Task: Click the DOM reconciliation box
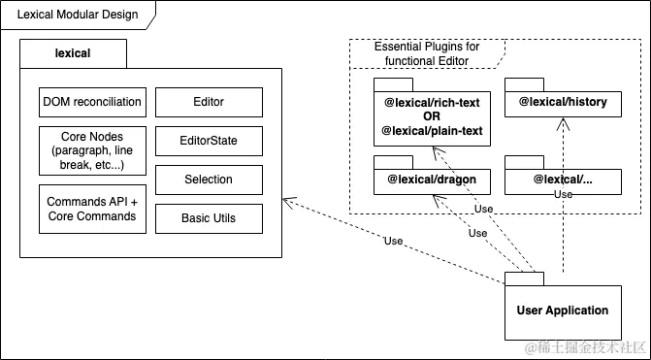tap(92, 102)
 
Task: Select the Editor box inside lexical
tap(209, 102)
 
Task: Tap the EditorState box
tap(209, 141)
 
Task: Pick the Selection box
tap(209, 180)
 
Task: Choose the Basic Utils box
tap(209, 218)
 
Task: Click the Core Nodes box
tap(92, 150)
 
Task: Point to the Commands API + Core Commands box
tap(92, 209)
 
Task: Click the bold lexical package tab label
tap(73, 53)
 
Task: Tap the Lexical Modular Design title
tap(78, 15)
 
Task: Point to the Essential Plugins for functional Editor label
tap(427, 53)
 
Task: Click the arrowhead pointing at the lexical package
tap(288, 202)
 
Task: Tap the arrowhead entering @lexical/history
tap(563, 124)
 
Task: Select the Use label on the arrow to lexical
tap(394, 241)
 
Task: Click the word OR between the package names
tap(432, 116)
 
